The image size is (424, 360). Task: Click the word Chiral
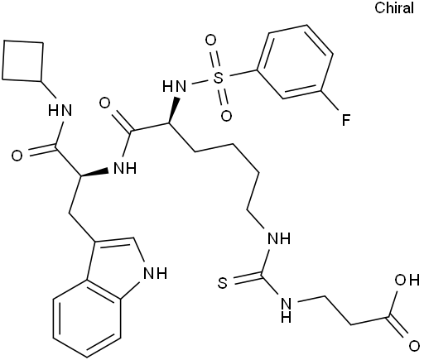(x=394, y=7)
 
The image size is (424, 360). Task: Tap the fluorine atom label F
(x=345, y=120)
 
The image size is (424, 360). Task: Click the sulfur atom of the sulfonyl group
(x=219, y=78)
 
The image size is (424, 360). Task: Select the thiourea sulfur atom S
(x=223, y=283)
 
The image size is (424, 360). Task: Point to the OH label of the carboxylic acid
(x=407, y=281)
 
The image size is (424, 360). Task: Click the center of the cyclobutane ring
(x=22, y=61)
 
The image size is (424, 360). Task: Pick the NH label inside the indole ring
(x=157, y=273)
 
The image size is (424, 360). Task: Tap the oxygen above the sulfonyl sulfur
(x=210, y=41)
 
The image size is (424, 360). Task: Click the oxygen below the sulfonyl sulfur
(x=226, y=116)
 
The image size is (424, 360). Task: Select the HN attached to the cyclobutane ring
(x=60, y=110)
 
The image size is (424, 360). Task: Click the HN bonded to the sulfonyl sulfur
(x=174, y=86)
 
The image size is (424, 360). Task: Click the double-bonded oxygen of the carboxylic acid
(x=414, y=346)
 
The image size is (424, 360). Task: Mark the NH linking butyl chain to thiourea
(x=279, y=238)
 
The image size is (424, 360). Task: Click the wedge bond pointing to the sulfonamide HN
(x=173, y=111)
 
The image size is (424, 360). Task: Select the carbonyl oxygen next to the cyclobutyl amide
(x=17, y=156)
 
